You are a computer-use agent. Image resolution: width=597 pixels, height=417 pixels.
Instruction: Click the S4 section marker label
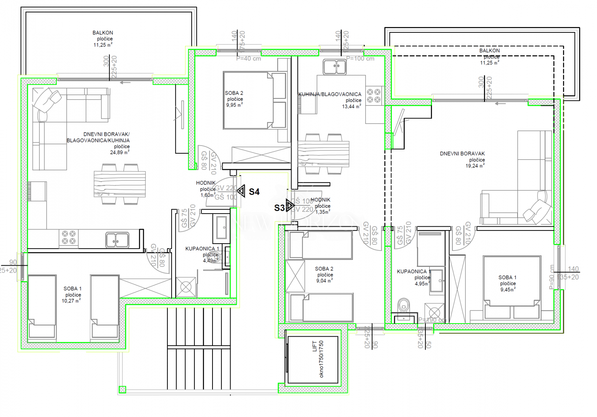point(254,192)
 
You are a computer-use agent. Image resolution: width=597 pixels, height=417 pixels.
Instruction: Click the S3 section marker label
point(279,208)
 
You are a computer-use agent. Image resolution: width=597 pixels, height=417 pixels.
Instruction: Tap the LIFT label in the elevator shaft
point(315,346)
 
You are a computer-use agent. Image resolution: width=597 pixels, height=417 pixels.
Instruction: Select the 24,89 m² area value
point(120,153)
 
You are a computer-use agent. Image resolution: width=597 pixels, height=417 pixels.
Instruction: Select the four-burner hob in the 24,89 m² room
point(68,237)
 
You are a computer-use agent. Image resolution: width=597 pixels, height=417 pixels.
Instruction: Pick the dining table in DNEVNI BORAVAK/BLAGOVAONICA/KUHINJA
point(120,184)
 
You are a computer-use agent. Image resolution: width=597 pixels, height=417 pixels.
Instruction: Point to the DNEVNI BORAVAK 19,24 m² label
point(462,154)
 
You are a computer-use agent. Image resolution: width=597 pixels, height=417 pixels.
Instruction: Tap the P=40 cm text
point(249,59)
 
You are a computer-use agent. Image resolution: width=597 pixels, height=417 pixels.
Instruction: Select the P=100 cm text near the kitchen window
point(360,59)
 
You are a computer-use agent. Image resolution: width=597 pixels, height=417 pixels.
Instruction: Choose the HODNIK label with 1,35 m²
point(320,200)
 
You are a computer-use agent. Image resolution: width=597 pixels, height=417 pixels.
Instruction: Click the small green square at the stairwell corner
point(122,390)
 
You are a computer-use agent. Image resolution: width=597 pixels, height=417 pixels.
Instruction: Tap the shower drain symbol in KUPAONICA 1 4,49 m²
point(186,287)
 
